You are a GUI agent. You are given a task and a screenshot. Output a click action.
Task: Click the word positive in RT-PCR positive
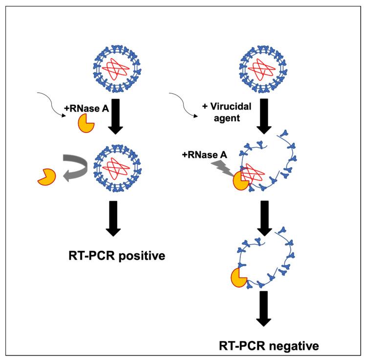coord(142,256)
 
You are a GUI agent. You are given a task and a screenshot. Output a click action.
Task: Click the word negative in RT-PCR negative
coord(294,346)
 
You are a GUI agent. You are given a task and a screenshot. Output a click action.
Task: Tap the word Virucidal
coord(231,107)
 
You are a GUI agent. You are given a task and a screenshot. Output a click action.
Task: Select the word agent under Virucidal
coord(227,118)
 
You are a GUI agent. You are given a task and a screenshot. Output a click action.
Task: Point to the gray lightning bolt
coord(223,168)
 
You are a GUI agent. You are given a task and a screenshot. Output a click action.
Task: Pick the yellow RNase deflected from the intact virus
coord(47,177)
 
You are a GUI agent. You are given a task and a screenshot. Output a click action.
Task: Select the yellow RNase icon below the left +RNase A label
coord(86,123)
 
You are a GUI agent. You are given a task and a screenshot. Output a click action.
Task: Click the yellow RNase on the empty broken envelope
coord(238,278)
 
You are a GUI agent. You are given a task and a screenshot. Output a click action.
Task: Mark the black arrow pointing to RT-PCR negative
coord(264,309)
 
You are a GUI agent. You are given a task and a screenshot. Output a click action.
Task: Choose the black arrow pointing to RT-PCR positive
coord(113,219)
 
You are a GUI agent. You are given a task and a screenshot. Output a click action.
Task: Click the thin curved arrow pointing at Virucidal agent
coord(183,105)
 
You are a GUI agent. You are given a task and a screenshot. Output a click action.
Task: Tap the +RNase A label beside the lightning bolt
coord(204,155)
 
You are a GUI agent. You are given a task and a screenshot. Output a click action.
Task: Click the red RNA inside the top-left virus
coord(116,69)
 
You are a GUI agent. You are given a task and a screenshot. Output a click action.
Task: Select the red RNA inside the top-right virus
coord(262,69)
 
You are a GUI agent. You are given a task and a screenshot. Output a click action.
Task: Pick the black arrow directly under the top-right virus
coord(264,116)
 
